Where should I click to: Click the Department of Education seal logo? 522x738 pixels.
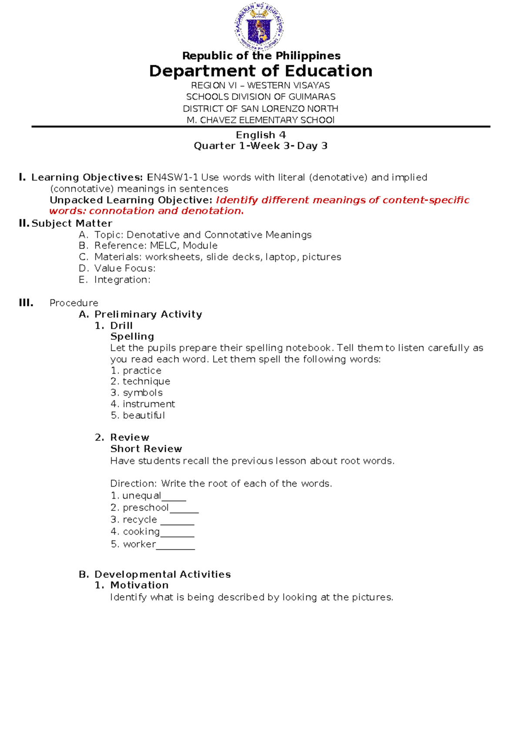pyautogui.click(x=259, y=27)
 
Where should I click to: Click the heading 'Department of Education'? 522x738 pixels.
pyautogui.click(x=261, y=71)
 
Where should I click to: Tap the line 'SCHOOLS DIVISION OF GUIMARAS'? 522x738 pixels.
pyautogui.click(x=261, y=97)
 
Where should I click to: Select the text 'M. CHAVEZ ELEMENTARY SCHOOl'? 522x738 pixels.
pyautogui.click(x=261, y=120)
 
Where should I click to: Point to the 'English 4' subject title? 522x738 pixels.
pyautogui.click(x=261, y=135)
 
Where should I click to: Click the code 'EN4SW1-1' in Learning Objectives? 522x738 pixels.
pyautogui.click(x=173, y=178)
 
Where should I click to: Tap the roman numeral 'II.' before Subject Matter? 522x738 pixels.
pyautogui.click(x=24, y=223)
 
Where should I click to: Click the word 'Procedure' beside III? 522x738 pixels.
pyautogui.click(x=74, y=303)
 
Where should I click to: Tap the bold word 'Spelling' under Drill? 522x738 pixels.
pyautogui.click(x=132, y=336)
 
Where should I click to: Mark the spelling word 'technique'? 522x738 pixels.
pyautogui.click(x=146, y=382)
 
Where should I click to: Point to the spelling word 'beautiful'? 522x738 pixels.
pyautogui.click(x=144, y=416)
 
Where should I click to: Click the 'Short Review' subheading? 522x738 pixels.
pyautogui.click(x=146, y=449)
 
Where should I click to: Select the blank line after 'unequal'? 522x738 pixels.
pyautogui.click(x=174, y=498)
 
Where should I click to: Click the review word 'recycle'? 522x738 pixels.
pyautogui.click(x=140, y=520)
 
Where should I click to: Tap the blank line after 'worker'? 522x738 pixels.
pyautogui.click(x=175, y=547)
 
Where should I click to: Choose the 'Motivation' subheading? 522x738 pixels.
pyautogui.click(x=139, y=585)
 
